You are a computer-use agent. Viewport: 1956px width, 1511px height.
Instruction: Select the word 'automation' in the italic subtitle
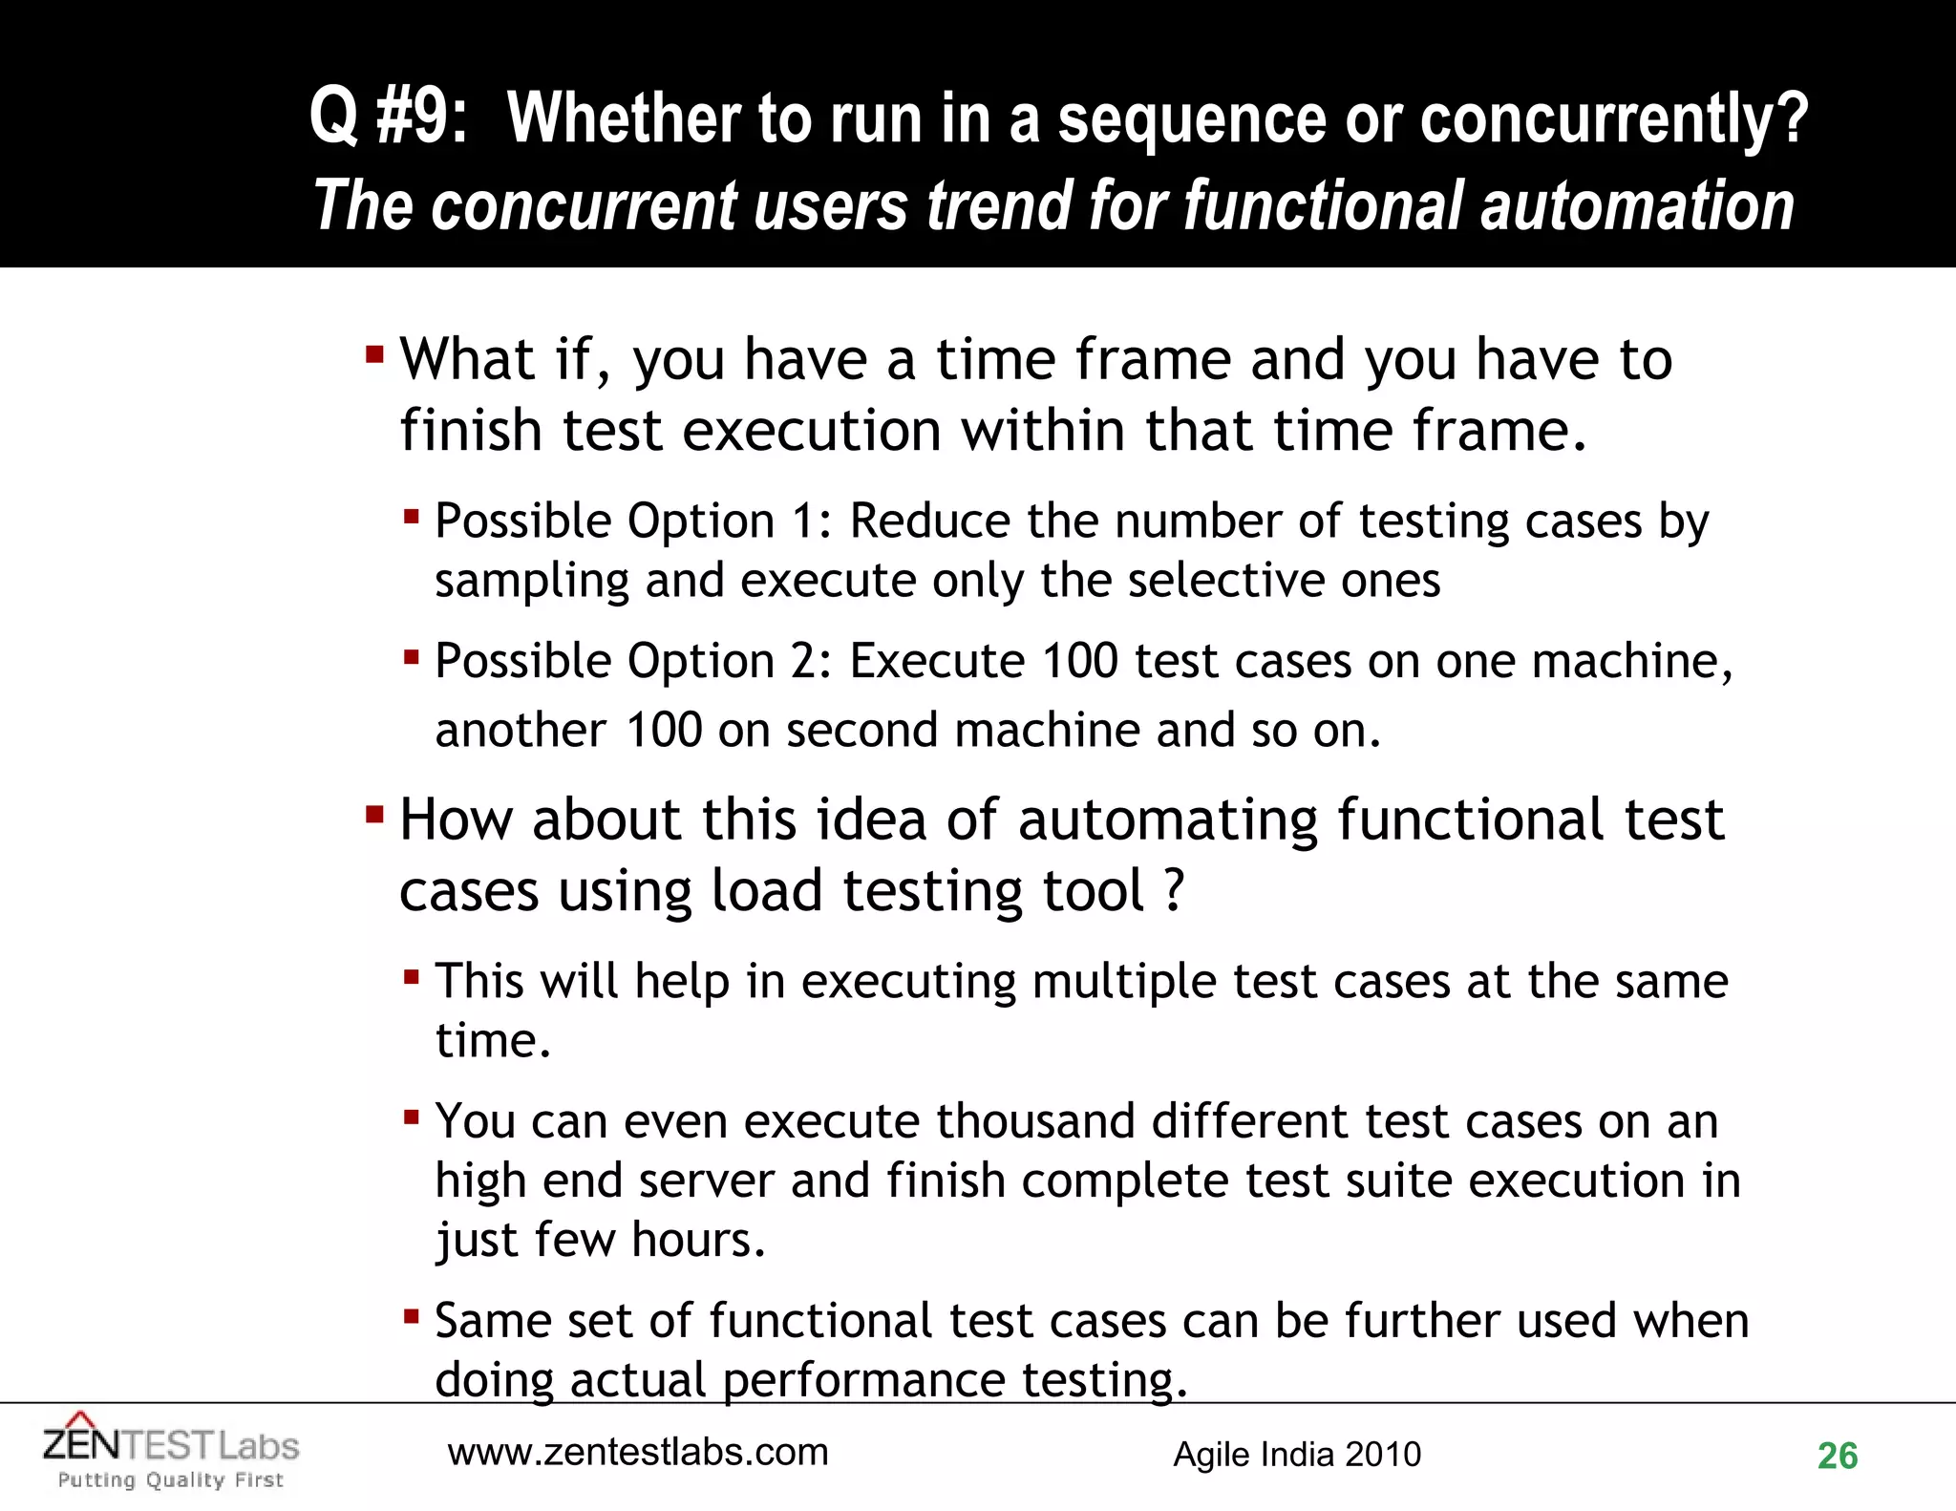click(1636, 206)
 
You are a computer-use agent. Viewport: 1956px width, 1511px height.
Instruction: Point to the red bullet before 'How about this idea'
click(374, 816)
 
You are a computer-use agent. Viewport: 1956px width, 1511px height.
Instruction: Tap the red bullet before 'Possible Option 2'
click(412, 657)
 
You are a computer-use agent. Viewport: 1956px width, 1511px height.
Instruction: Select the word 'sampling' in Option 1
click(532, 582)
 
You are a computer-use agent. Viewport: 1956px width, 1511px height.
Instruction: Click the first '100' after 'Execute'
click(1079, 661)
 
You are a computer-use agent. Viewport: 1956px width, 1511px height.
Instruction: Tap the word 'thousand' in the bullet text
click(1035, 1121)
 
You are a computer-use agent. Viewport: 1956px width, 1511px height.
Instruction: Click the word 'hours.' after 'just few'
click(698, 1240)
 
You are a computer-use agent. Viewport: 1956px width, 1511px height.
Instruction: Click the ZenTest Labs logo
click(171, 1444)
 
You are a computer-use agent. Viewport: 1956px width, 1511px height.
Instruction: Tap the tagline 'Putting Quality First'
click(171, 1480)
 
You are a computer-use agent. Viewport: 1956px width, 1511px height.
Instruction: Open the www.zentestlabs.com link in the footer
click(638, 1453)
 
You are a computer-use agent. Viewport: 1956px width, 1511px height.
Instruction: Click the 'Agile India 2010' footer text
click(1296, 1455)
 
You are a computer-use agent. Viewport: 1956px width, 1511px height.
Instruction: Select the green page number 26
click(1837, 1457)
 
